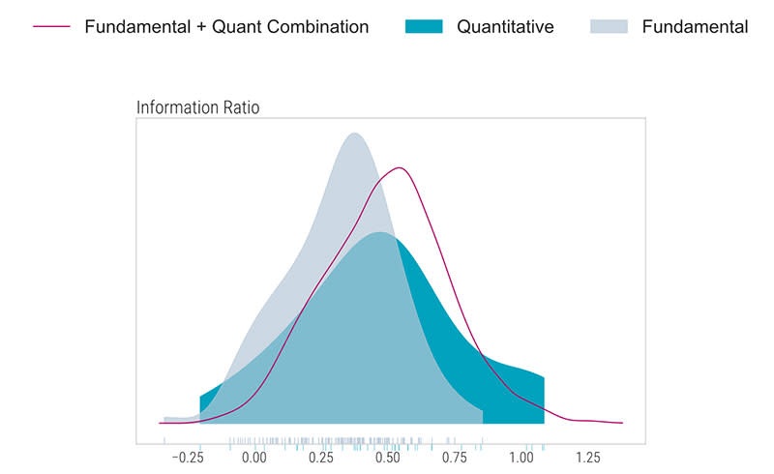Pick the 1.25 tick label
point(587,457)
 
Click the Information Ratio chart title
point(198,107)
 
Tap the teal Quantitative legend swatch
point(423,27)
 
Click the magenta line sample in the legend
point(51,27)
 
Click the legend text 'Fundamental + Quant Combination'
point(226,27)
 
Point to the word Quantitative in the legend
point(505,27)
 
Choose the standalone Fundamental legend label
point(695,27)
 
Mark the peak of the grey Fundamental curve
point(354,133)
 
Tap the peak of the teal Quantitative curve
point(381,232)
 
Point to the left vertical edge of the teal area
point(200,408)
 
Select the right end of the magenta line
point(621,423)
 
